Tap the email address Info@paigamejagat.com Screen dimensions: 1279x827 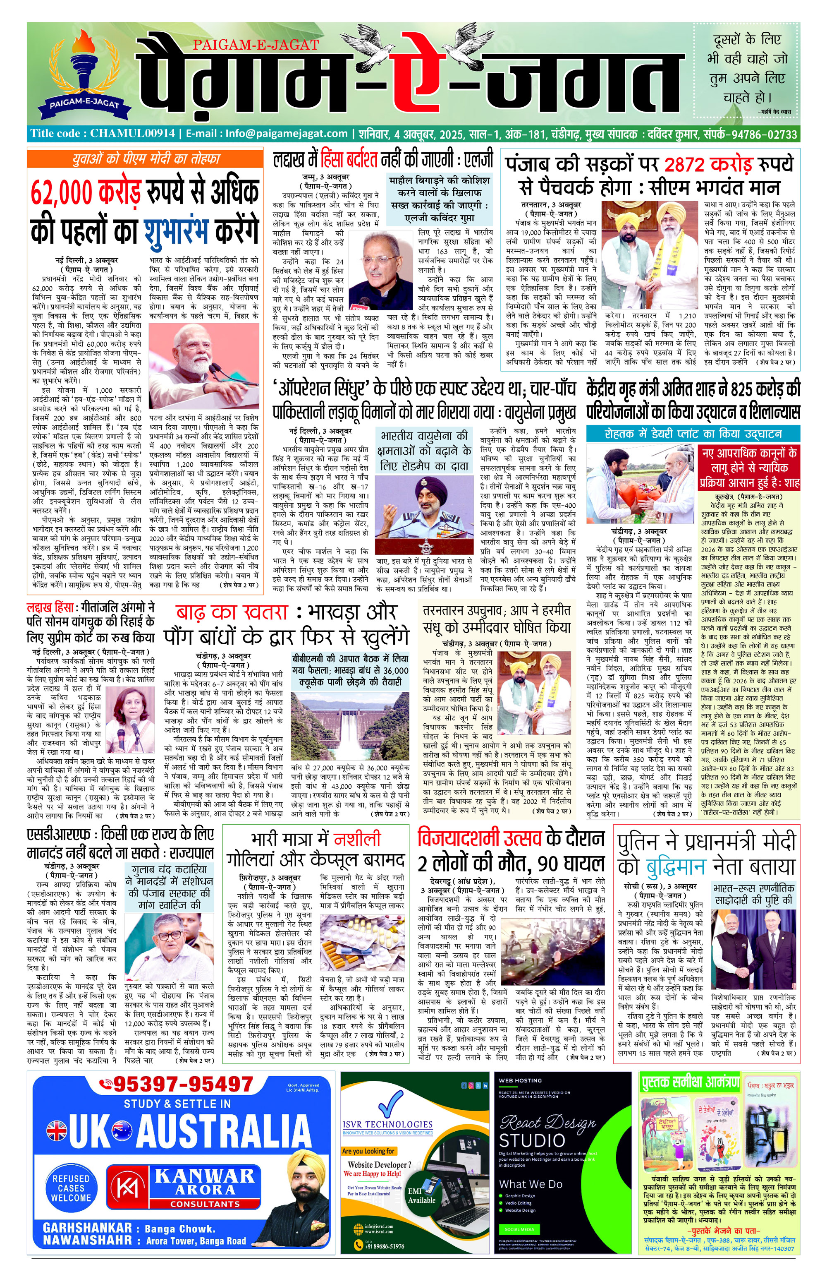coord(286,134)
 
